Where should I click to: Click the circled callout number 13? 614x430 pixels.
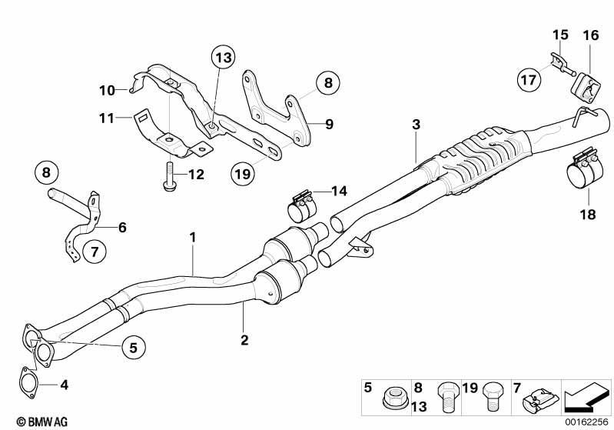(x=224, y=58)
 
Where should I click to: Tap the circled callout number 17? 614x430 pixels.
(x=529, y=80)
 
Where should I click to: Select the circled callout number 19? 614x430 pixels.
(x=243, y=173)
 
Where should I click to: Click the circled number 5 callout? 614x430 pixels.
(x=134, y=347)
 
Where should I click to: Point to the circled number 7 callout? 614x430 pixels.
(x=95, y=252)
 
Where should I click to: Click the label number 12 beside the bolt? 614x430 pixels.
(x=197, y=174)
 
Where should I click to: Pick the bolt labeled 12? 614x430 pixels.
(x=169, y=178)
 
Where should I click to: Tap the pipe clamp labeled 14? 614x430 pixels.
(x=302, y=206)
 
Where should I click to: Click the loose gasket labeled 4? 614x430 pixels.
(x=28, y=383)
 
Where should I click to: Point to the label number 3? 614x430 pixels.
(x=416, y=125)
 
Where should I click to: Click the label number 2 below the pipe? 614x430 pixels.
(x=244, y=339)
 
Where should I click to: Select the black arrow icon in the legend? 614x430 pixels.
(x=586, y=398)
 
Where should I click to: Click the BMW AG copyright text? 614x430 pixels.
(x=42, y=422)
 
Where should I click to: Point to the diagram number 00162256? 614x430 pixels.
(x=586, y=422)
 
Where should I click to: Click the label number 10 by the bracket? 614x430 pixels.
(x=107, y=91)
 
